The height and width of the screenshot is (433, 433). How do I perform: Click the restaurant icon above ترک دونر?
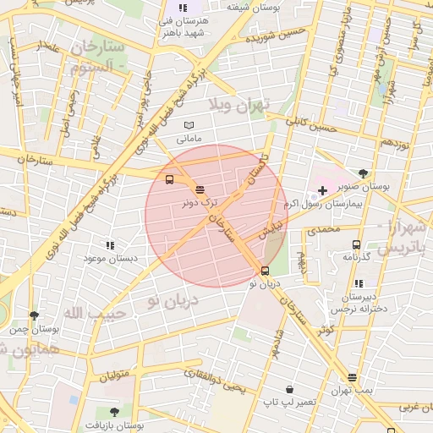(200, 190)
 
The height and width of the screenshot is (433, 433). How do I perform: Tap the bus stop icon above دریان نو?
(266, 271)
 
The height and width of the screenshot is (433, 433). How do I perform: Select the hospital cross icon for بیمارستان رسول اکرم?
(322, 191)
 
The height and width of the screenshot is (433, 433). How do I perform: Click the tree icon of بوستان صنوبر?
(364, 173)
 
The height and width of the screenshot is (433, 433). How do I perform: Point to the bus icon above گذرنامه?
(356, 244)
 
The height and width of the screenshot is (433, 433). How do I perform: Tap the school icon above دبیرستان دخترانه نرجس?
(359, 284)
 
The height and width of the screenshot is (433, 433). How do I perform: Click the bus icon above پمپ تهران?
(352, 377)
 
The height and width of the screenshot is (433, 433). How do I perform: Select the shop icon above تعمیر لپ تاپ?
(290, 390)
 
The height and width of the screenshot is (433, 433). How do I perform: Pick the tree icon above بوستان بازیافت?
(114, 412)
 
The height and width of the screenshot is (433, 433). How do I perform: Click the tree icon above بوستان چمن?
(34, 315)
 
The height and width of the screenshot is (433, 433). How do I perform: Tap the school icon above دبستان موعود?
(110, 244)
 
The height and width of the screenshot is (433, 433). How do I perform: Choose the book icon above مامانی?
(188, 125)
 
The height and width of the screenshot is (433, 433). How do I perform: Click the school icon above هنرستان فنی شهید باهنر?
(183, 8)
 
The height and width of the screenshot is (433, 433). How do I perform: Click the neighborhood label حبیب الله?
(95, 314)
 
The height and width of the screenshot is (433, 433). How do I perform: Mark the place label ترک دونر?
(200, 203)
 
